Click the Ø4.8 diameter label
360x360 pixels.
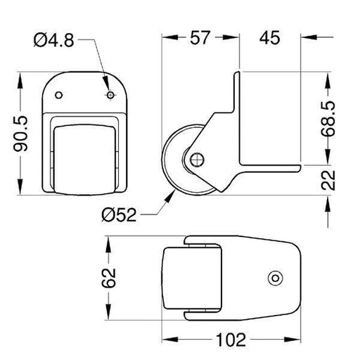tap(53, 40)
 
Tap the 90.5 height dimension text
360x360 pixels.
tap(20, 134)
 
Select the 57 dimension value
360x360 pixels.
tap(199, 38)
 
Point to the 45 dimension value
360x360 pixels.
tap(269, 38)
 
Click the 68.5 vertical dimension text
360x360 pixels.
tap(328, 119)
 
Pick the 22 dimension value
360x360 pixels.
tap(328, 180)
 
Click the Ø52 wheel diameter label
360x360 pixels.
tap(119, 215)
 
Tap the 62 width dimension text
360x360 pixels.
tap(109, 278)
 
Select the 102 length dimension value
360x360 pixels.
tap(231, 340)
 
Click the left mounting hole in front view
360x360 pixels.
tap(58, 95)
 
